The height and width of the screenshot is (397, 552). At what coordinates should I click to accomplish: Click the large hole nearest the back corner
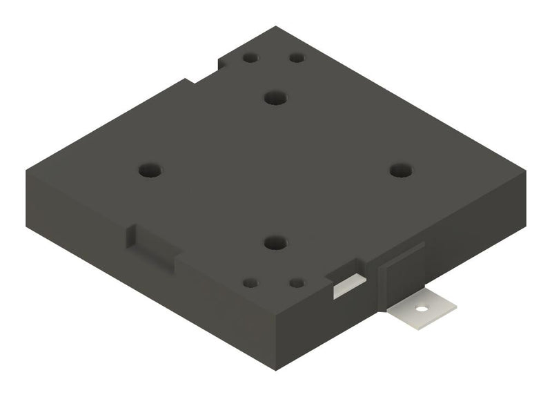click(276, 97)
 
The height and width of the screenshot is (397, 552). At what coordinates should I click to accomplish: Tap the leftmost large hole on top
click(149, 170)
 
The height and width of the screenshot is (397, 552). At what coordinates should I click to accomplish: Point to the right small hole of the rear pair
click(297, 58)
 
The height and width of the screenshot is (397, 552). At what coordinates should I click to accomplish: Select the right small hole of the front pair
click(297, 282)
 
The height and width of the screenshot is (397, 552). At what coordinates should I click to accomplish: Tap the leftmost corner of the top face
click(26, 171)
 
